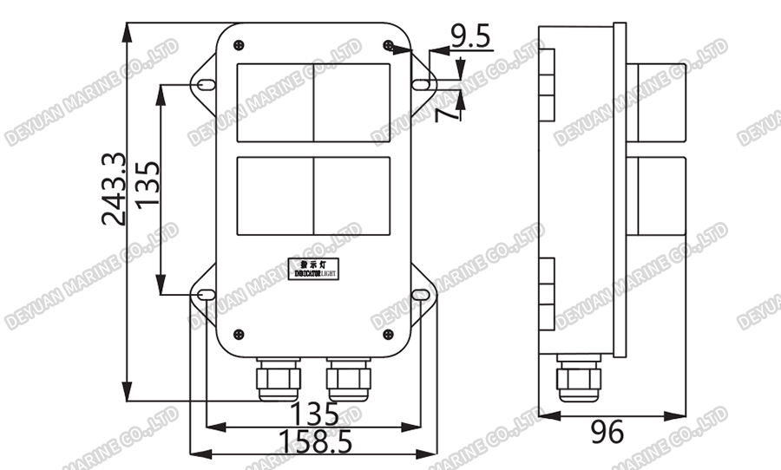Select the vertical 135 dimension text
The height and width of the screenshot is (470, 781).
pos(148,184)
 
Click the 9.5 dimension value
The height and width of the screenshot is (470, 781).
pos(470,36)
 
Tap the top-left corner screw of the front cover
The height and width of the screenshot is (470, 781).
pos(239,44)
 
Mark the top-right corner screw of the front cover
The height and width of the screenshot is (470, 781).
pos(389,44)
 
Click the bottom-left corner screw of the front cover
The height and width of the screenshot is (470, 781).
pos(239,333)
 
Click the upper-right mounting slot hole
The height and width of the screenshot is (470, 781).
pos(422,84)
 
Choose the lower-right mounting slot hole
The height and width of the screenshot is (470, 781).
pos(422,296)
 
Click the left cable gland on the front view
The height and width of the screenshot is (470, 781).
pos(278,379)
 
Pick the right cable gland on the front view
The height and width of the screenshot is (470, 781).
pos(349,379)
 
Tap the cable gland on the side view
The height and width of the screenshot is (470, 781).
pos(577,378)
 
